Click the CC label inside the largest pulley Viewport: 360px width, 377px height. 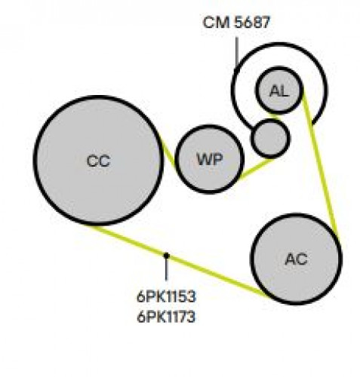(98, 161)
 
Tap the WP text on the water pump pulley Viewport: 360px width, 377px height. (210, 159)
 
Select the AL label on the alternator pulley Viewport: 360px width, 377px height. (278, 90)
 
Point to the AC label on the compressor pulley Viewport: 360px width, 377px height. (296, 259)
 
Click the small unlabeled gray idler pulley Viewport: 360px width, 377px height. (270, 138)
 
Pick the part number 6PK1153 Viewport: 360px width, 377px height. (166, 296)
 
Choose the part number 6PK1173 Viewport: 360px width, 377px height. (166, 317)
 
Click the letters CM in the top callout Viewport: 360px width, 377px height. (216, 22)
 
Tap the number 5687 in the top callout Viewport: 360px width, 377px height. (252, 22)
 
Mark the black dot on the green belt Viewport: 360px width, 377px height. (166, 256)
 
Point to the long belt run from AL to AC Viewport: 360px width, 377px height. (320, 164)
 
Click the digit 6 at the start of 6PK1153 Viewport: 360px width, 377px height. (140, 296)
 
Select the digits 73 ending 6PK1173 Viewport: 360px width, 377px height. (188, 317)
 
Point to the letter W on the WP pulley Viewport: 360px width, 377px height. (204, 159)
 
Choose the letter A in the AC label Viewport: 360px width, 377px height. (290, 259)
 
